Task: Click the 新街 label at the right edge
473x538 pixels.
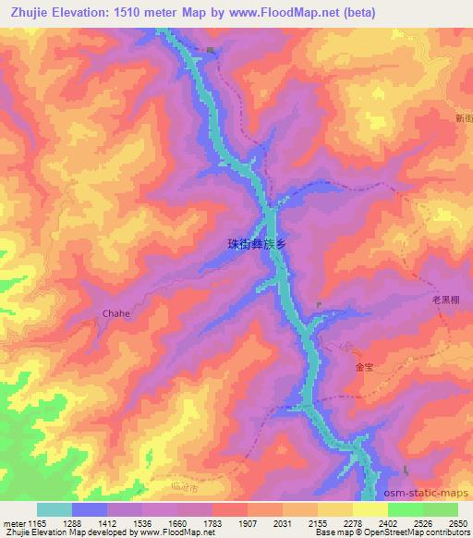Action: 464,117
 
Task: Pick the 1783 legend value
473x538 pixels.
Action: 211,522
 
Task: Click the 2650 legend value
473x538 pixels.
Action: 458,522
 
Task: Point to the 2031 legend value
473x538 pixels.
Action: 282,522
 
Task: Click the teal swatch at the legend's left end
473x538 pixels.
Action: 55,509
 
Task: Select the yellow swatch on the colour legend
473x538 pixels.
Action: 370,509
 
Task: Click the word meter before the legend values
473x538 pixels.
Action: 15,522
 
